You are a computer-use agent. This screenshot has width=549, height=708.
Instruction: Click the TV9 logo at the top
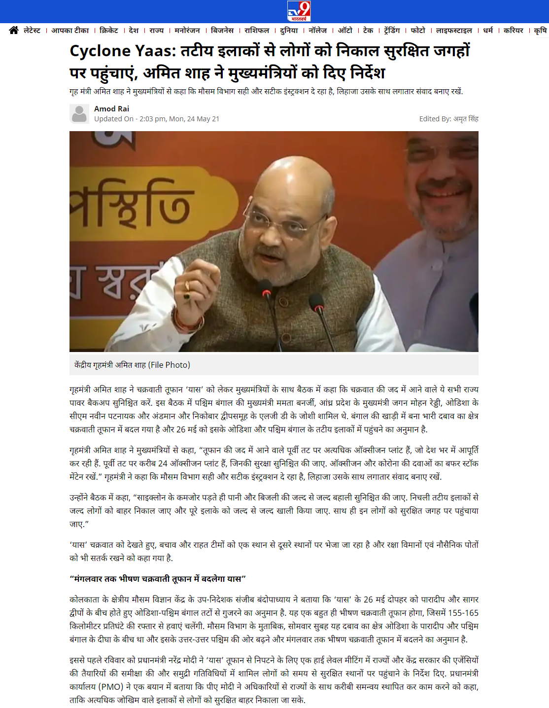point(299,11)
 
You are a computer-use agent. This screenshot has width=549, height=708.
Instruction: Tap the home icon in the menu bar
point(14,31)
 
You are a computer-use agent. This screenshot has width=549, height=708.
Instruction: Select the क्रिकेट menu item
point(109,31)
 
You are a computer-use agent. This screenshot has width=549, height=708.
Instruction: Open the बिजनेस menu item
point(222,31)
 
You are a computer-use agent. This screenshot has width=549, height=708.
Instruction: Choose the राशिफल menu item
point(257,31)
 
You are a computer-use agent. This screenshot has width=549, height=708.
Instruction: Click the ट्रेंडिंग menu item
point(392,31)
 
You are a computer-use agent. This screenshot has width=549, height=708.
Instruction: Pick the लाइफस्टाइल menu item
point(454,31)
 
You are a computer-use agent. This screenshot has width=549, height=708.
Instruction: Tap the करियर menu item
point(514,31)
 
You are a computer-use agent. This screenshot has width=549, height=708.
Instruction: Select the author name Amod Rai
point(111,108)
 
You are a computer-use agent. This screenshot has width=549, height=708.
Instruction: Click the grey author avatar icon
point(79,114)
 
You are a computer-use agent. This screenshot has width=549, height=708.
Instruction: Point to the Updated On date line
point(157,119)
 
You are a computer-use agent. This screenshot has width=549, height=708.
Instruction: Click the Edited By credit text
point(448,119)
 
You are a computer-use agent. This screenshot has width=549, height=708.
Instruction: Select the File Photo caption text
point(132,365)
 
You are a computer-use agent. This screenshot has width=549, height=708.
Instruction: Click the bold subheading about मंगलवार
point(157,578)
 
